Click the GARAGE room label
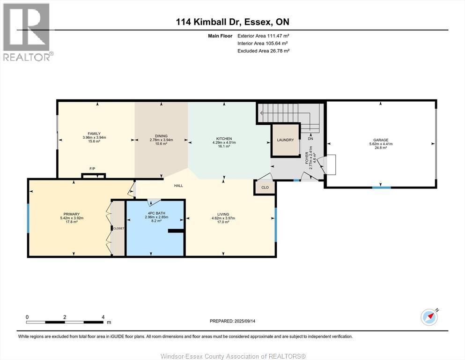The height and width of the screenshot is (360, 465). coord(381,140)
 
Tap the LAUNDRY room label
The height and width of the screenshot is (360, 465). coord(285,140)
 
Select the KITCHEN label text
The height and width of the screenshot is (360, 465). coord(224,139)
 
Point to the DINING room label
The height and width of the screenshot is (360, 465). coord(162,136)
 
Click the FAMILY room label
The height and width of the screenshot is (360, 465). coord(94,134)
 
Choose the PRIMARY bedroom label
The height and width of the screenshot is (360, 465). coord(72,214)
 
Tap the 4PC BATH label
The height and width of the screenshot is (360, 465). coord(156,213)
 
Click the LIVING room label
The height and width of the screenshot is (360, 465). coord(223,214)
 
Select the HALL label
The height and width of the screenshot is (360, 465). coord(178,186)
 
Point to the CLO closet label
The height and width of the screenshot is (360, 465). coord(265,187)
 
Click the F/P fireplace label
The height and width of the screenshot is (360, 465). coord(93,169)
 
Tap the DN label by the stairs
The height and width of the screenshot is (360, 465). coord(310,139)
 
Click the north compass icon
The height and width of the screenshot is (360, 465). coord(429,317)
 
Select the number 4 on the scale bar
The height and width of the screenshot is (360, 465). coord(103,317)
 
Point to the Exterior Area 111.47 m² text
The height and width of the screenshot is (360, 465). coord(263,36)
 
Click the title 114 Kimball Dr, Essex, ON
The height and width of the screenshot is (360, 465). coord(232,22)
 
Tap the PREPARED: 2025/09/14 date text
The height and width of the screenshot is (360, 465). coord(232,321)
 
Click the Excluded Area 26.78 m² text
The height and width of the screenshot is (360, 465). coord(263,51)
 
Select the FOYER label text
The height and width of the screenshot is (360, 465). coord(307,161)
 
